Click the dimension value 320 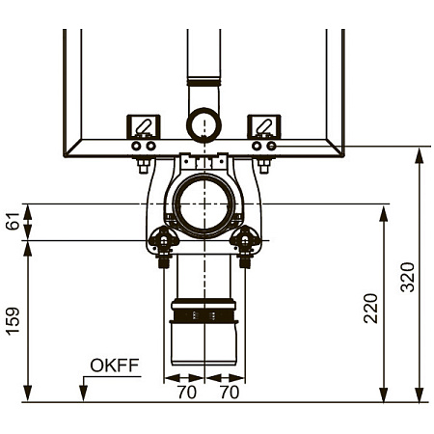click(x=407, y=277)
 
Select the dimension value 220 click(x=370, y=308)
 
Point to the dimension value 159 click(x=14, y=321)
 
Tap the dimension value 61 click(x=13, y=221)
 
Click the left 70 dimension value click(x=187, y=393)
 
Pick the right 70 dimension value click(x=230, y=393)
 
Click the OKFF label click(x=115, y=366)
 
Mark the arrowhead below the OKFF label click(x=83, y=393)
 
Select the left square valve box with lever click(x=144, y=126)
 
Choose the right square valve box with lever click(x=264, y=126)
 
